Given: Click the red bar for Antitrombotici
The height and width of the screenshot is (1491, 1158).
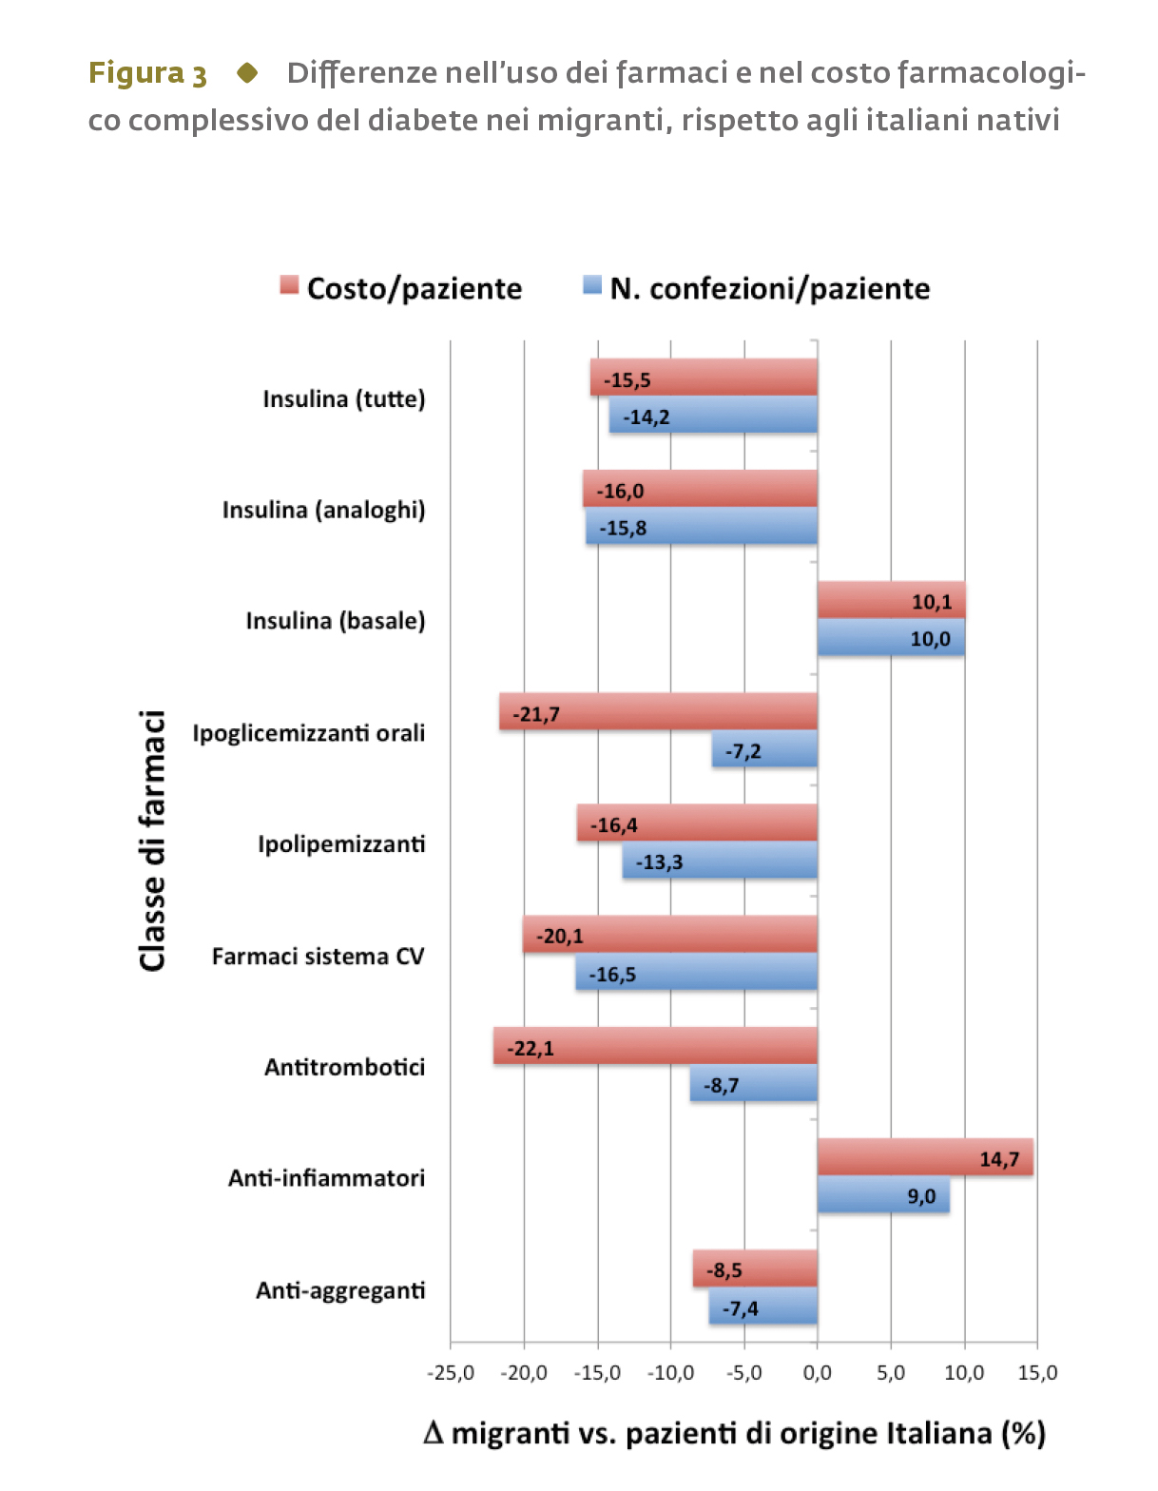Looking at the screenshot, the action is [655, 1046].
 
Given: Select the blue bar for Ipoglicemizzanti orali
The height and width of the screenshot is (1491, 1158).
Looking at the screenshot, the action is [765, 748].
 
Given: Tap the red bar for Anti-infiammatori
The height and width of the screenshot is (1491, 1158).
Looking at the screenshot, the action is [925, 1157].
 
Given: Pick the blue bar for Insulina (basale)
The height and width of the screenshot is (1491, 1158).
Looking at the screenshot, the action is [891, 637].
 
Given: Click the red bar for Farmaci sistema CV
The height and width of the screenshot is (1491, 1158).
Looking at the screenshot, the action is [670, 935].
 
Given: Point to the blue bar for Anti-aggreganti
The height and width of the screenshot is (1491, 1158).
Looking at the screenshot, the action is [763, 1306].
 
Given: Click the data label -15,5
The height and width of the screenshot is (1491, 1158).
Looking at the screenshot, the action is [627, 380].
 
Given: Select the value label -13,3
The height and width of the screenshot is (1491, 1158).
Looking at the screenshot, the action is [659, 862].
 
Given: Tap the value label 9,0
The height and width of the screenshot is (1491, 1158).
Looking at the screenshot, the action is [921, 1196].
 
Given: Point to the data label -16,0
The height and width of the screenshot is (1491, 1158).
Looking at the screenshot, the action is [620, 492].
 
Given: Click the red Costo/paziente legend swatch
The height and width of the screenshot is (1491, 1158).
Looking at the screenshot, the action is [289, 284].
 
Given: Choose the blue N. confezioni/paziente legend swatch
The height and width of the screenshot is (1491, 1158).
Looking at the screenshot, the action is [592, 284].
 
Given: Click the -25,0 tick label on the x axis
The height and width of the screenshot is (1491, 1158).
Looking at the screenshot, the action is [451, 1373].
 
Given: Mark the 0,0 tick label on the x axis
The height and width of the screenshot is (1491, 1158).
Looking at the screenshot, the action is [817, 1373].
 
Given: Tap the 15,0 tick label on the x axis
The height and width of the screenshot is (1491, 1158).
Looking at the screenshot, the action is [1037, 1373].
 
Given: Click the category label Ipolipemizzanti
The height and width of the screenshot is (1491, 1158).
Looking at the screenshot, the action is [341, 844].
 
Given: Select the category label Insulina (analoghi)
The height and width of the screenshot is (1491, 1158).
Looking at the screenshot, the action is [324, 510].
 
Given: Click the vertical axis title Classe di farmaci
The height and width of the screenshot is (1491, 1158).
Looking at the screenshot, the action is [151, 841].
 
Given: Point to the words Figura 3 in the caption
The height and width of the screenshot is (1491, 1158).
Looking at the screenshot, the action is [147, 73].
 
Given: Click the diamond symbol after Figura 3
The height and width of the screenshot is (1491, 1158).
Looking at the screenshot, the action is [247, 72].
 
